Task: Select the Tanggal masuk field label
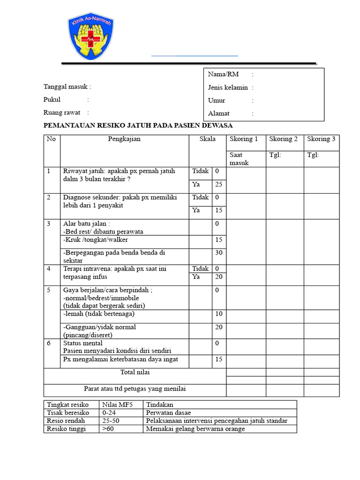coord(67,87)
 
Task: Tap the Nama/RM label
coord(223,75)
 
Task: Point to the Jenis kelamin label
coord(228,88)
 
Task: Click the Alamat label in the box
coord(219,113)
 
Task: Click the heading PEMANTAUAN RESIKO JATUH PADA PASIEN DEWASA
coord(138,126)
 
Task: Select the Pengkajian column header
coord(124,139)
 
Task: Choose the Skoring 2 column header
coord(284,139)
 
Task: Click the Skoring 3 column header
coord(321,139)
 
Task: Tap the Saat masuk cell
coord(239,159)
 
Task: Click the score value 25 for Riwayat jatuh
coord(218,185)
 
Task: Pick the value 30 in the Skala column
coord(218,253)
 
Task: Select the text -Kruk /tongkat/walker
coord(96,240)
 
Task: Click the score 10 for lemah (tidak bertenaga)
coord(218,314)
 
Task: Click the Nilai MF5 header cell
coord(115,405)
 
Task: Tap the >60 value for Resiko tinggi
coord(107,429)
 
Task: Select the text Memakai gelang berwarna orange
coord(195,429)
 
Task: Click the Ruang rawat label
coord(62,113)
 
